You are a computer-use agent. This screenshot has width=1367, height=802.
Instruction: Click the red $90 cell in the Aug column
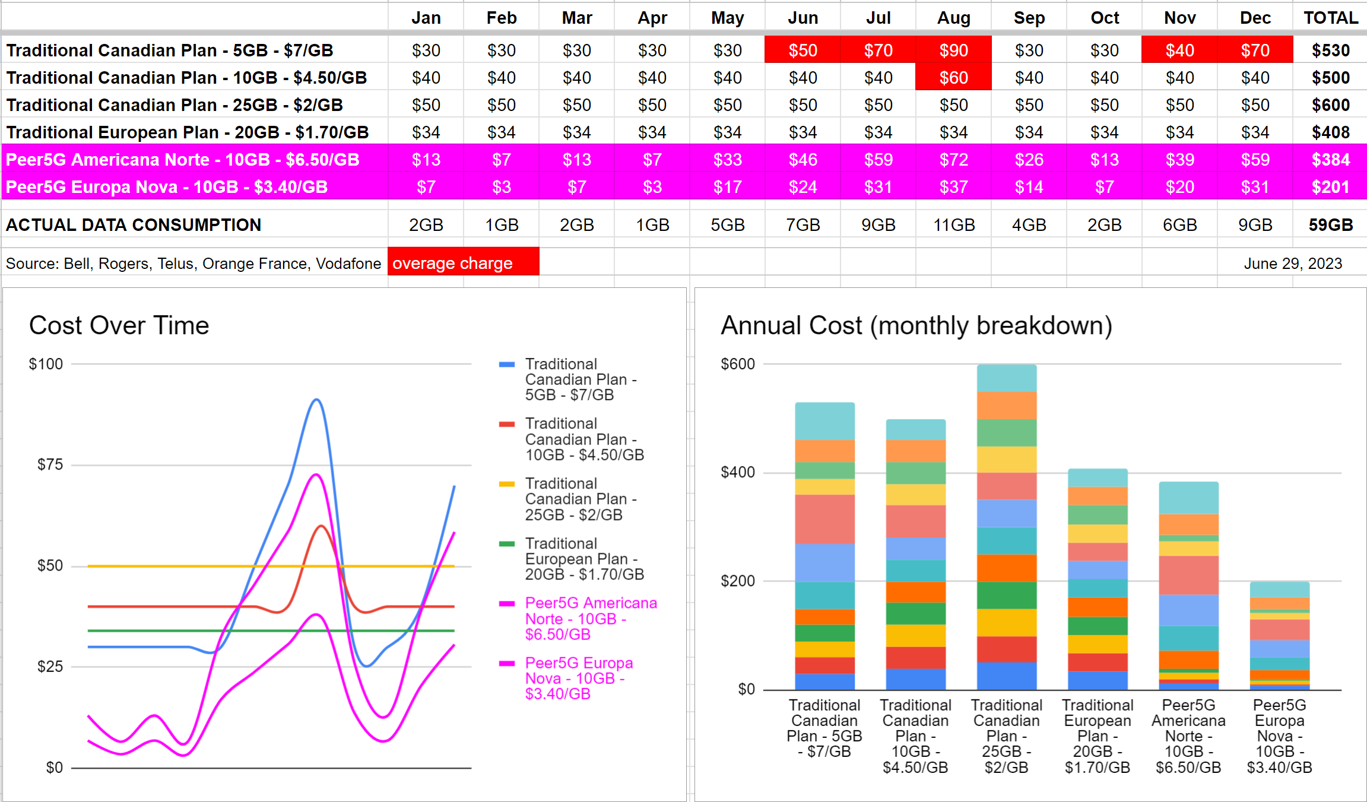(x=953, y=50)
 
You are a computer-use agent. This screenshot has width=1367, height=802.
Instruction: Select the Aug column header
(x=953, y=18)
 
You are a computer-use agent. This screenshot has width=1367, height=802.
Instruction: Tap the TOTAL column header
(x=1330, y=18)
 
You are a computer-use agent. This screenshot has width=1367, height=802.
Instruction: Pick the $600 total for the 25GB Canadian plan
(x=1330, y=105)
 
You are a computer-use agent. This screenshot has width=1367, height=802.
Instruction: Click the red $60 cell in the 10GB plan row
(x=953, y=78)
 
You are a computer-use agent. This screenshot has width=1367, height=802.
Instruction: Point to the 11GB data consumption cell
(x=953, y=225)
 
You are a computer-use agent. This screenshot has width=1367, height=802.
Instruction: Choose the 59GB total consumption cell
(x=1330, y=225)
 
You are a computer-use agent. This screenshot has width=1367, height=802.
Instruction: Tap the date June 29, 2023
(x=1292, y=264)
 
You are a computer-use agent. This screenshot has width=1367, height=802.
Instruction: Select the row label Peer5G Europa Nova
(x=167, y=187)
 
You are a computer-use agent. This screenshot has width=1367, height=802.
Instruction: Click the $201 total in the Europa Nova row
(x=1330, y=187)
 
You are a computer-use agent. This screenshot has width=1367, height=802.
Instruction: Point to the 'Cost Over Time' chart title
(x=119, y=325)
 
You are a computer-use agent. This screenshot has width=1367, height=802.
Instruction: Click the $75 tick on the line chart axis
(x=50, y=464)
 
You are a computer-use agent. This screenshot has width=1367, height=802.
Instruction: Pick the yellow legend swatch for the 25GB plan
(x=506, y=484)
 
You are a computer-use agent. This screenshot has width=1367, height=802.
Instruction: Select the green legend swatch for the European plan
(x=506, y=544)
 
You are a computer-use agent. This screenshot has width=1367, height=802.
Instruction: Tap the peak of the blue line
(x=316, y=400)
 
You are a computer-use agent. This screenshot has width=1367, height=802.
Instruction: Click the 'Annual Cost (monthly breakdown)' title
(x=916, y=325)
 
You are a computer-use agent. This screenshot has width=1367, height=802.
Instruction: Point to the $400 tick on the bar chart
(x=737, y=473)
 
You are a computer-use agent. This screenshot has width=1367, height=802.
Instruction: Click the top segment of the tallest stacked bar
(x=1006, y=378)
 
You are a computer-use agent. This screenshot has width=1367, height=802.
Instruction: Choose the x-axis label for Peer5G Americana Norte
(x=1188, y=736)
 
